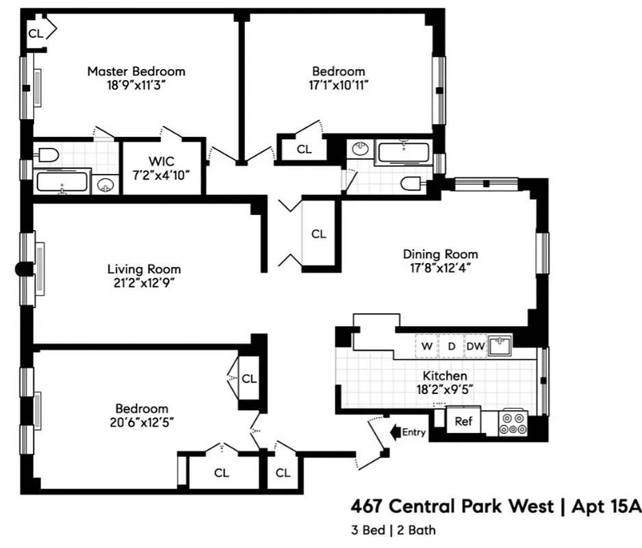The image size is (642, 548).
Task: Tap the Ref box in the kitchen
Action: (x=463, y=421)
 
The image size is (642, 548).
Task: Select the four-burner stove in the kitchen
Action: (x=511, y=422)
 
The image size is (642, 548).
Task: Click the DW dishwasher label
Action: (x=475, y=346)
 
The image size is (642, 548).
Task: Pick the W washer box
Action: (x=426, y=346)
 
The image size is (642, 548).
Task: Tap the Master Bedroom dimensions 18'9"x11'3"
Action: (x=136, y=85)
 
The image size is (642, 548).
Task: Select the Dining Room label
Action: (x=440, y=254)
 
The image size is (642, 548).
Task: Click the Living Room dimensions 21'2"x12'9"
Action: (x=144, y=283)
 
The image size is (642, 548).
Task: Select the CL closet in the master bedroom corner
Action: (x=36, y=32)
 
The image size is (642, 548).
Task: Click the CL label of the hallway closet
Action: (x=318, y=234)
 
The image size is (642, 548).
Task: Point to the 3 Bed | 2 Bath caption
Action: (x=393, y=530)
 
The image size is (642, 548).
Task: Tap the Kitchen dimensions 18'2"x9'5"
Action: (x=444, y=390)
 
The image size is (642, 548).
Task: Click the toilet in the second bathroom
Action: (x=413, y=182)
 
